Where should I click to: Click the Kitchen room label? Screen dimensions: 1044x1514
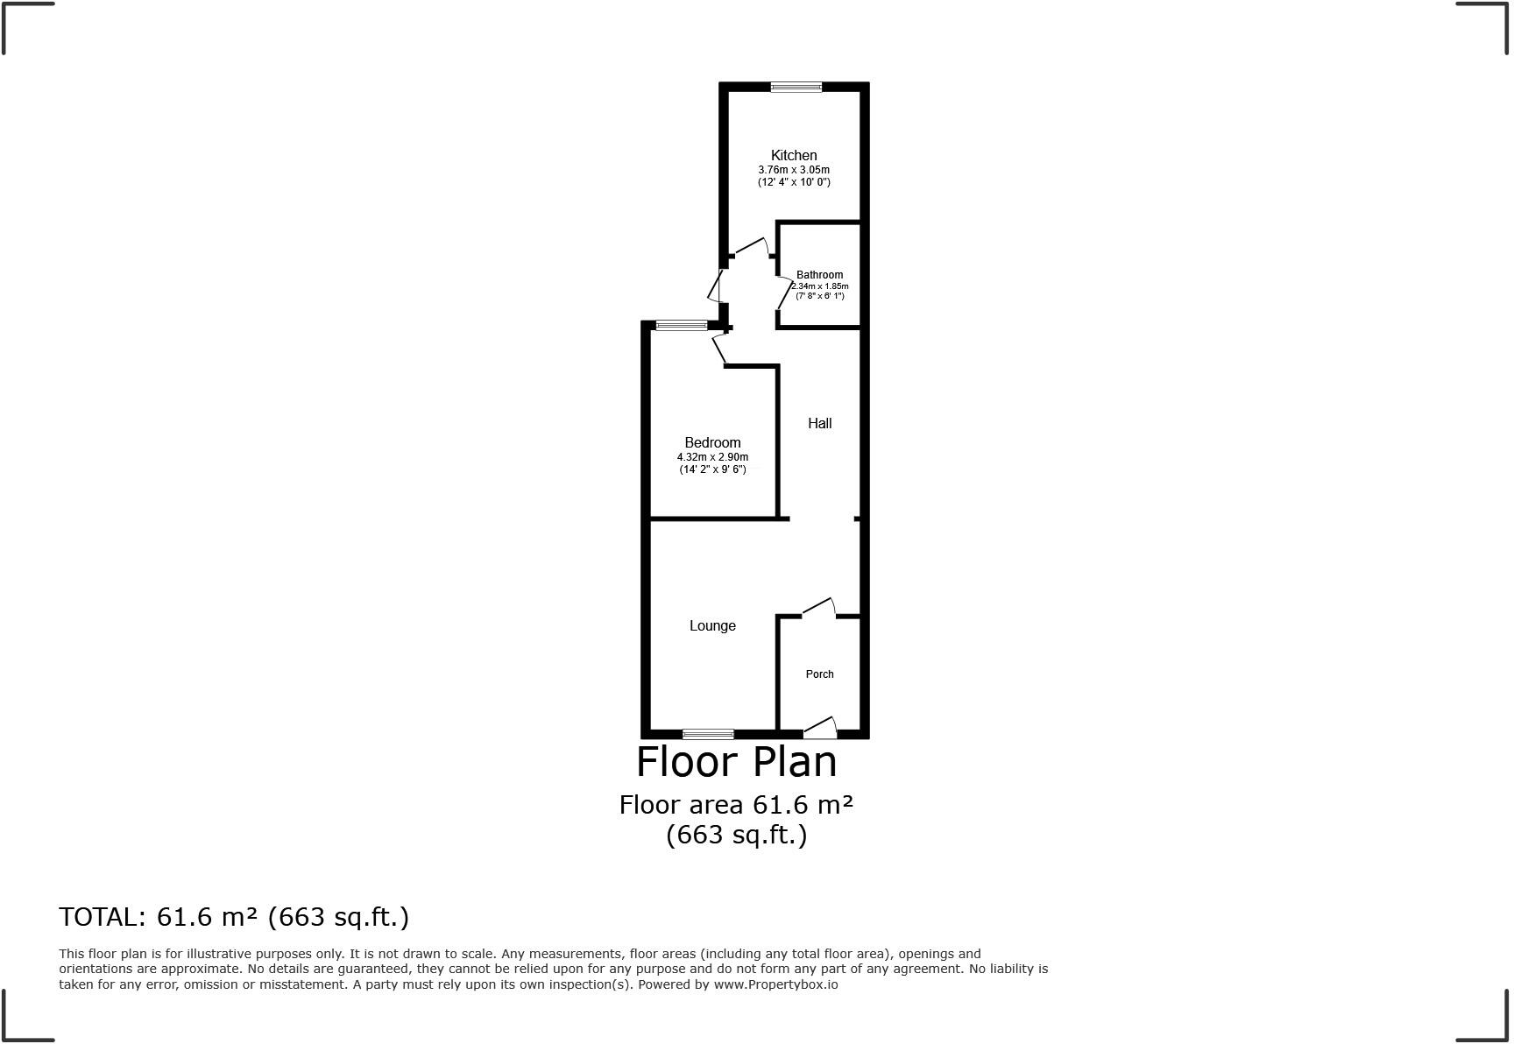[794, 156]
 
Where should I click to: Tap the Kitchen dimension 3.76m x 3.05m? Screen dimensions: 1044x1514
[794, 170]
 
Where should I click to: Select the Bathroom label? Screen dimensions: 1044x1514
[819, 275]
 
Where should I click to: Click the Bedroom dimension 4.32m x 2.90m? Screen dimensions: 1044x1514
[712, 457]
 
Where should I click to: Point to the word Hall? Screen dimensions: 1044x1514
[819, 424]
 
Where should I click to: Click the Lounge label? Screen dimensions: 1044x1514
[712, 626]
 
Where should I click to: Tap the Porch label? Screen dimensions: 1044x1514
[819, 674]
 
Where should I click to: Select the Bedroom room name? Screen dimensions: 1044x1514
[712, 443]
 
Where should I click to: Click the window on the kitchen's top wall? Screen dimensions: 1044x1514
[796, 87]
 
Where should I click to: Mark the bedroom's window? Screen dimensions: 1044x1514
[682, 326]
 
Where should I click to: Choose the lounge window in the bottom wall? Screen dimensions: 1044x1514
[708, 734]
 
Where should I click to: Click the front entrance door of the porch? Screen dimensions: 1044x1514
[820, 727]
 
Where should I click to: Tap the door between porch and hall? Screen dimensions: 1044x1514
[819, 607]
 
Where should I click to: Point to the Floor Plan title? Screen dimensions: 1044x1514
[736, 762]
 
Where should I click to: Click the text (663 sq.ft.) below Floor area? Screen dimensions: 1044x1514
[736, 835]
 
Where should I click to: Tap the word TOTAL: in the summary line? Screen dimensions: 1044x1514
[102, 917]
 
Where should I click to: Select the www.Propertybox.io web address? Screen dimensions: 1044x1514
[775, 984]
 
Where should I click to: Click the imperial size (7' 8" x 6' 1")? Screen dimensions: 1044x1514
[819, 296]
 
